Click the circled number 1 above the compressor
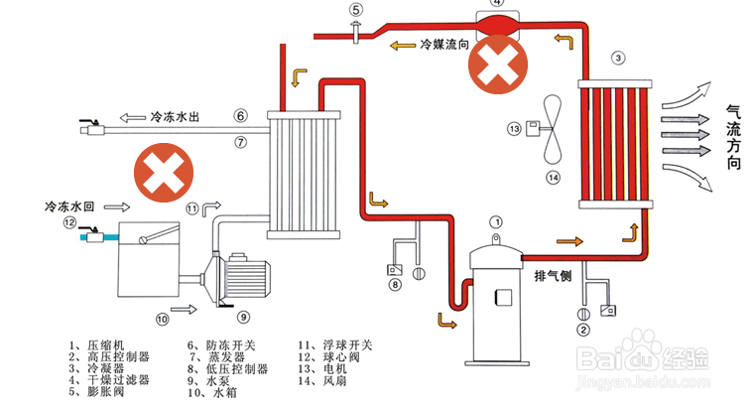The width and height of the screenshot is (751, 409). pos(497,222)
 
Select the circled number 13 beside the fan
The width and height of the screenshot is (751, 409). pos(514,128)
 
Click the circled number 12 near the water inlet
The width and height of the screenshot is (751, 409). pos(69,223)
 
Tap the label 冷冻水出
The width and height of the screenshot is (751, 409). pos(177,116)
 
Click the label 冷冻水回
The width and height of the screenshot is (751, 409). pos(68,206)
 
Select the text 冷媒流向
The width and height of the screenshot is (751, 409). pos(443,45)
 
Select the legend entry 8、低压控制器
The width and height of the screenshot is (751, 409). pos(227,368)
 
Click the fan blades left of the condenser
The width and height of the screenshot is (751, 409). pos(556,130)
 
